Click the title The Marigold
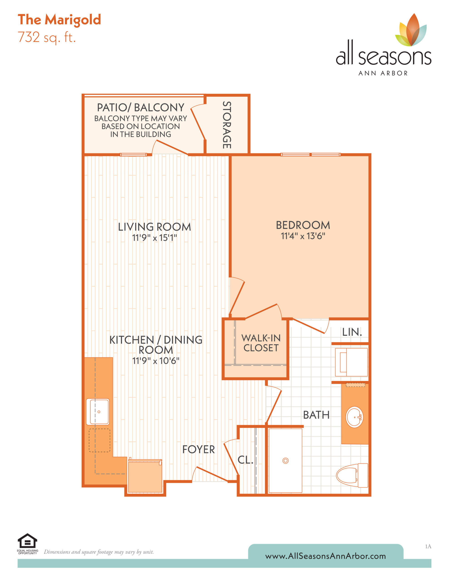pos(59,20)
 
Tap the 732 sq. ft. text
pos(47,37)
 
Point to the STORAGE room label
pos(227,125)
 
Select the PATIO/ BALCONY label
pos(141,108)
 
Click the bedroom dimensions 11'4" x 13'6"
pos(303,236)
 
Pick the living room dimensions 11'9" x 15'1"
pos(154,238)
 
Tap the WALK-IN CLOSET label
pos(261,343)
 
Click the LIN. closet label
pos(352,332)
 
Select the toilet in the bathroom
pos(352,475)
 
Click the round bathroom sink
pos(354,417)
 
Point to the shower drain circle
pos(285,460)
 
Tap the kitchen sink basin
pos(98,411)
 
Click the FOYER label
pos(198,449)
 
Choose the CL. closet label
pos(245,460)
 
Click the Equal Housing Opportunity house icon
pos(27,541)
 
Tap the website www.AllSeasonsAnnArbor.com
pos(326,556)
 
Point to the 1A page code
pos(428,547)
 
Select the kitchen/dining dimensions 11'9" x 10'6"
pos(156,361)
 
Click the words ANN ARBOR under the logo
pos(383,73)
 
